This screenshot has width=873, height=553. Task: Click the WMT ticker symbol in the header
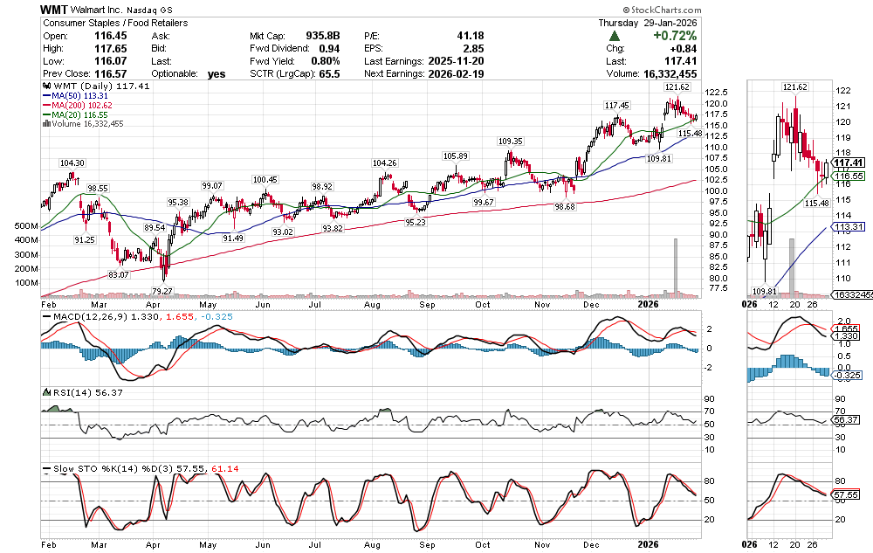(58, 9)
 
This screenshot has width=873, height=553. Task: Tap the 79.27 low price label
(162, 290)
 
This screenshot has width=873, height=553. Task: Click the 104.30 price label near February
(72, 163)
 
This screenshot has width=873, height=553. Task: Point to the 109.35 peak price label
(510, 142)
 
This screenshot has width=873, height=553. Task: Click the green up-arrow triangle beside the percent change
(615, 36)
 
